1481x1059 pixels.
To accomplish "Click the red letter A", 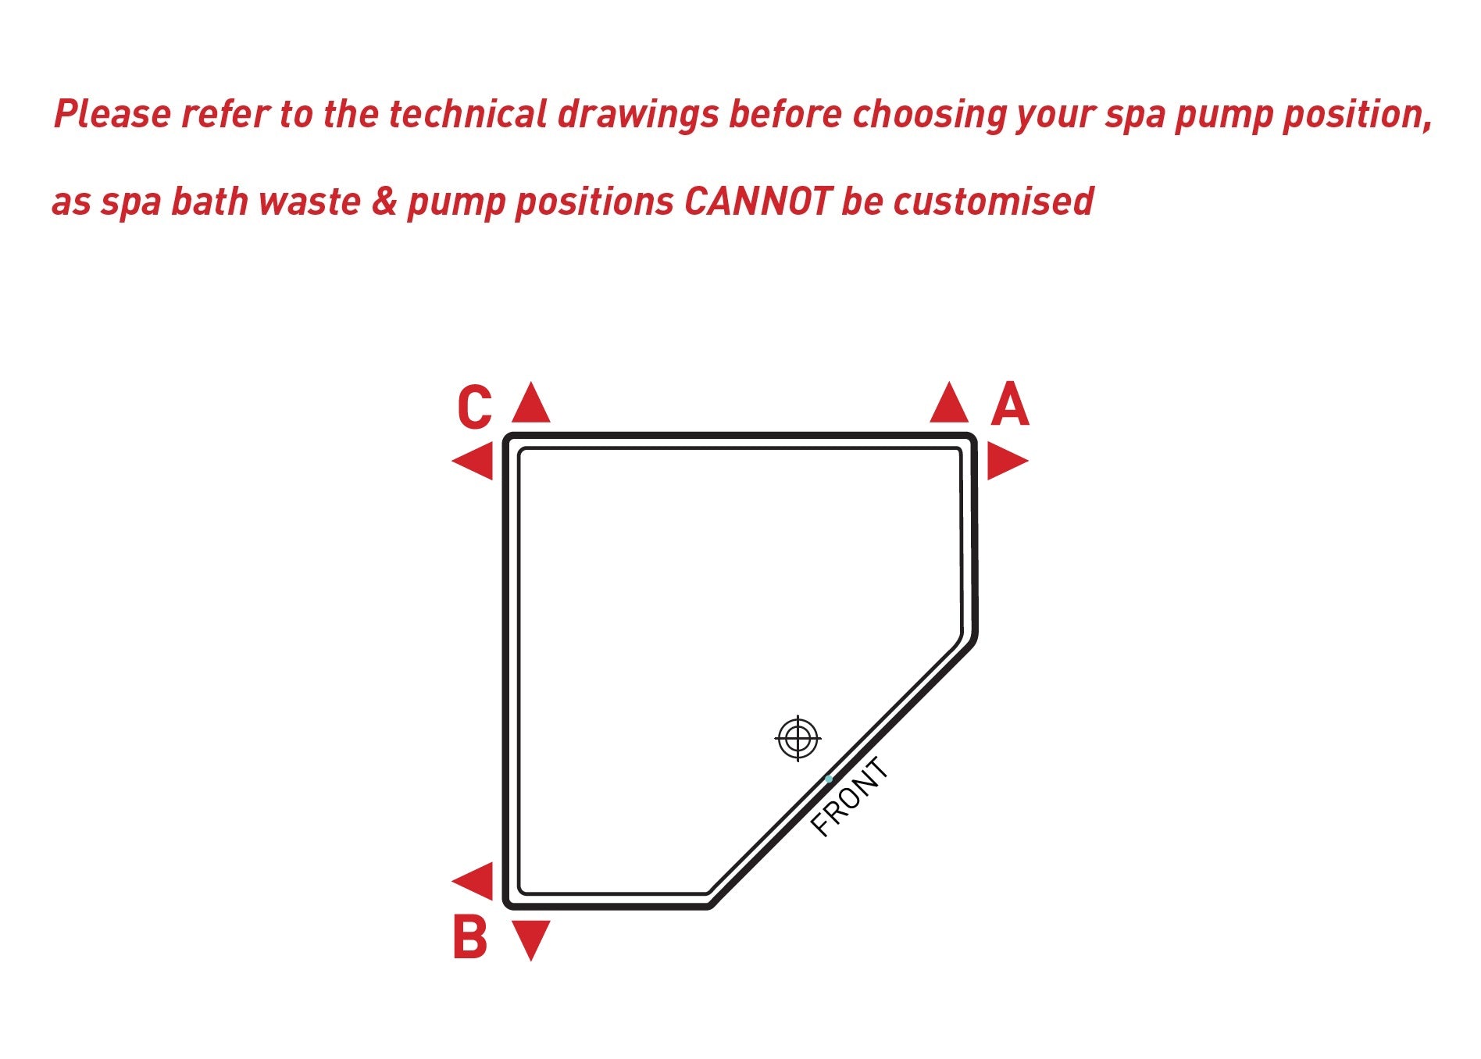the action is tap(1010, 404).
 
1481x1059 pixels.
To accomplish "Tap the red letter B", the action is tap(470, 937).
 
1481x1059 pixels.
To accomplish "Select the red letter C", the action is tap(475, 407).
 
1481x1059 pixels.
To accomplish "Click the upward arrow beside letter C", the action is tap(531, 401).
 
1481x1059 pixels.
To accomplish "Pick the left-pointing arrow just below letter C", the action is tap(473, 460).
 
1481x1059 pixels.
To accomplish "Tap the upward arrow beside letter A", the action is tap(950, 401).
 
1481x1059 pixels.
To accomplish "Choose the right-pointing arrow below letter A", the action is tap(1008, 460).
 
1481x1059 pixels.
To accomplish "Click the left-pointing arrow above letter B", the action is tap(473, 881).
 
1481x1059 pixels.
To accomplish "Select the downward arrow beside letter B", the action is tap(531, 940).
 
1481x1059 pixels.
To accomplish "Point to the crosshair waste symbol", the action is tap(798, 737).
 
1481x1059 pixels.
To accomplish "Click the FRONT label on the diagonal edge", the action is tap(850, 797).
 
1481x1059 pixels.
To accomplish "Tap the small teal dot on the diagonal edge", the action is tap(829, 779).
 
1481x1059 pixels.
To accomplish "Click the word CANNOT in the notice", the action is tap(758, 201).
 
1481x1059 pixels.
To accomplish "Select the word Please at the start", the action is tap(112, 114).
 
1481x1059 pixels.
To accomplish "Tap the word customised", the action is tap(994, 201).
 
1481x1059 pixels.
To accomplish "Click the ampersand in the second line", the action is tap(384, 201).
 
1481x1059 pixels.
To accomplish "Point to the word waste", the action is tap(309, 202).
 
